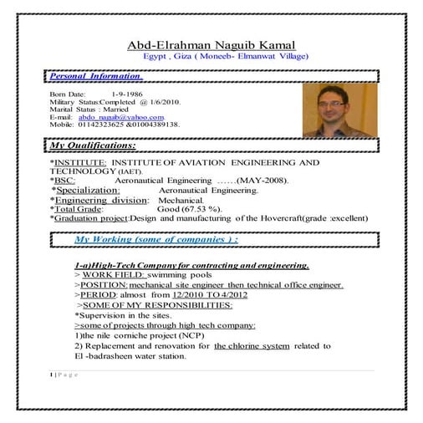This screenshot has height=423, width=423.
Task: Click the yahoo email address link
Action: point(121,117)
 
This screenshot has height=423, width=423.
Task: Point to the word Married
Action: point(120,110)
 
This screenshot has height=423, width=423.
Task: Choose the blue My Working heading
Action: point(155,239)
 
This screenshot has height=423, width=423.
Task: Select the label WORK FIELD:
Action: point(114,275)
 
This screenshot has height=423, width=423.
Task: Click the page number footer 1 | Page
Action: point(64,375)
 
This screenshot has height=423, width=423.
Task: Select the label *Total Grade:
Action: point(83,209)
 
